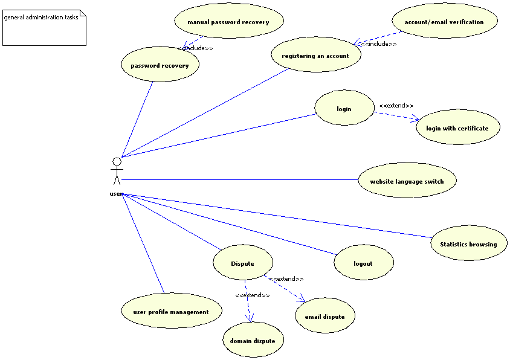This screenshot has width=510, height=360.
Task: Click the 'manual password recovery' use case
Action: pyautogui.click(x=228, y=22)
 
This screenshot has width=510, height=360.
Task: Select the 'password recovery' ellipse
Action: pyautogui.click(x=160, y=65)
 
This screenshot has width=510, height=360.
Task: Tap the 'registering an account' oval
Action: pyautogui.click(x=315, y=56)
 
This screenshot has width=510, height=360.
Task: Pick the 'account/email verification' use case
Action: pyautogui.click(x=444, y=22)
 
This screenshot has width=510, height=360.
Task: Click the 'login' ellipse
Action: pyautogui.click(x=344, y=109)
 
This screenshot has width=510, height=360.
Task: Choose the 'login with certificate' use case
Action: pyautogui.click(x=457, y=127)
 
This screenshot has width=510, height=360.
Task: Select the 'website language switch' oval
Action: pyautogui.click(x=407, y=181)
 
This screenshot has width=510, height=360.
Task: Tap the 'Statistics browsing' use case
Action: pyautogui.click(x=468, y=244)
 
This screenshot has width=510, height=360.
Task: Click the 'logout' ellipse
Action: pyautogui.click(x=363, y=263)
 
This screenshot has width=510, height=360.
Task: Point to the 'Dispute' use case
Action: pyautogui.click(x=242, y=263)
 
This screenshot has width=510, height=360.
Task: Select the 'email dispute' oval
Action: pyautogui.click(x=324, y=316)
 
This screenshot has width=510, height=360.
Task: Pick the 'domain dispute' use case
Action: pyautogui.click(x=253, y=340)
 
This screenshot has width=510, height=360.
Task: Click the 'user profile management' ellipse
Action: pyautogui.click(x=171, y=311)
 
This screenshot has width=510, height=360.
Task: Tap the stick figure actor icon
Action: pyautogui.click(x=117, y=172)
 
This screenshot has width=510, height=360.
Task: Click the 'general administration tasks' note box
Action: pyautogui.click(x=44, y=28)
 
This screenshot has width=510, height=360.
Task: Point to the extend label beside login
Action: pyautogui.click(x=396, y=106)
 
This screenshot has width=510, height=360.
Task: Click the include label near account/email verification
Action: pyautogui.click(x=379, y=44)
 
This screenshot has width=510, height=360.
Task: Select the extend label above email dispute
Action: pyautogui.click(x=286, y=279)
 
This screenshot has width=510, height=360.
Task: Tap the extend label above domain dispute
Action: pyautogui.click(x=253, y=295)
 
